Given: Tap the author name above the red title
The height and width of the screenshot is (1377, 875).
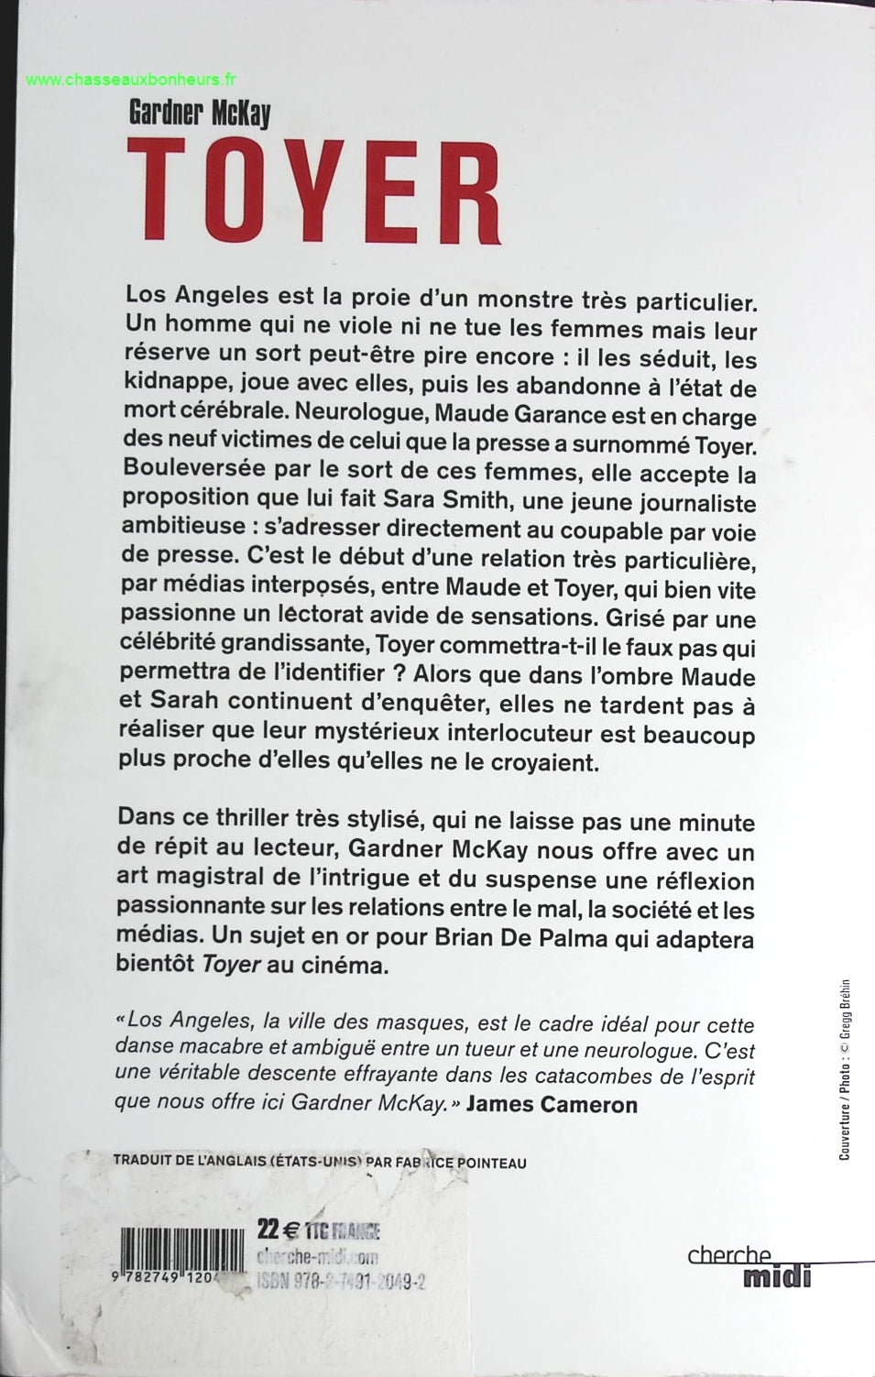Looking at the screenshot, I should tap(201, 114).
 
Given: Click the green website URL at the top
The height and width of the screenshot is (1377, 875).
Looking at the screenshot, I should tap(131, 80).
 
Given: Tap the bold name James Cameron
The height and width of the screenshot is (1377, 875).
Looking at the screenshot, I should tap(552, 1104).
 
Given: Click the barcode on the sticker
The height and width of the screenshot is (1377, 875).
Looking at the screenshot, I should tap(182, 1248).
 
